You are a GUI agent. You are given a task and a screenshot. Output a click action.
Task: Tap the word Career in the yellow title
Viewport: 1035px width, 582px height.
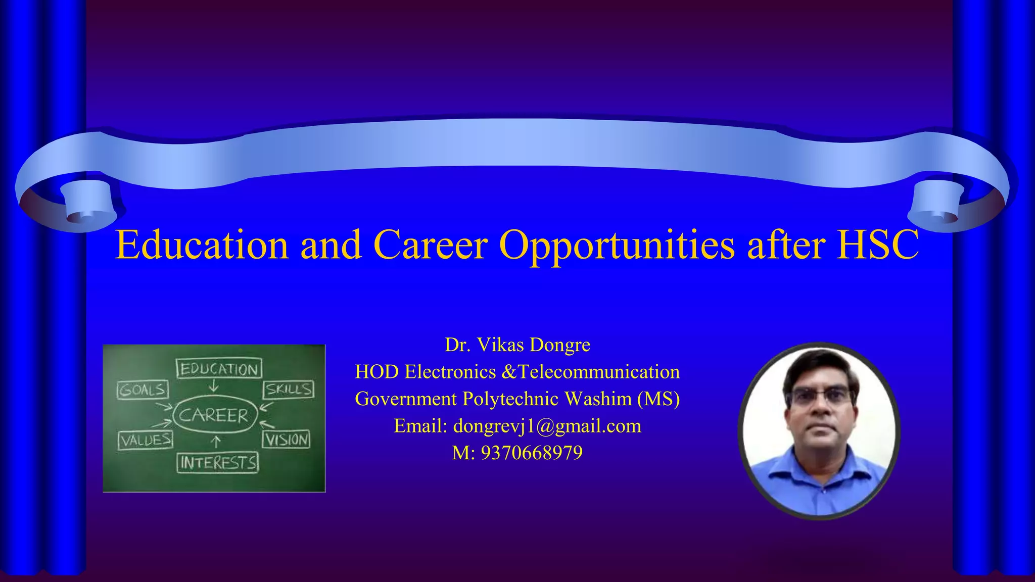pos(430,245)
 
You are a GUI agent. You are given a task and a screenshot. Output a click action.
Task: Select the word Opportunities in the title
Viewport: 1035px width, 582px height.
pos(617,245)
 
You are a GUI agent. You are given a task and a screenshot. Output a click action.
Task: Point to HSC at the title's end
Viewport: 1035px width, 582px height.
pos(878,245)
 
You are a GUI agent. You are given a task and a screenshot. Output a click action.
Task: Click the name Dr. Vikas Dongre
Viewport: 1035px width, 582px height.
pos(517,345)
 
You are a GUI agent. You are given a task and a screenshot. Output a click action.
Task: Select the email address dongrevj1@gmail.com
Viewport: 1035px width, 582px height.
pos(547,426)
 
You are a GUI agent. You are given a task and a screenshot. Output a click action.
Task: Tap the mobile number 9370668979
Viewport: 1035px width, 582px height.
pos(532,453)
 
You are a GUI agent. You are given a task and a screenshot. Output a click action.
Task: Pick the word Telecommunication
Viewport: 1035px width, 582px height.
pos(599,372)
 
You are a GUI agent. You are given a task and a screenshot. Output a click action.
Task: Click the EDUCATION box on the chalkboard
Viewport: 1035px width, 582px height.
pos(219,369)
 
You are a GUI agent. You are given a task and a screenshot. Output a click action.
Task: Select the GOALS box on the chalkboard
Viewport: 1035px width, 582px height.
pos(143,390)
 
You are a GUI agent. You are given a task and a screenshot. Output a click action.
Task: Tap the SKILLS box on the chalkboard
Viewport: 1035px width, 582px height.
pos(289,390)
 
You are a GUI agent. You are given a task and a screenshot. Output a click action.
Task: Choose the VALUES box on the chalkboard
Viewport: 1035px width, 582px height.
pos(146,440)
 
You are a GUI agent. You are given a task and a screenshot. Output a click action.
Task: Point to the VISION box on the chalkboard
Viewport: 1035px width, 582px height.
pos(286,440)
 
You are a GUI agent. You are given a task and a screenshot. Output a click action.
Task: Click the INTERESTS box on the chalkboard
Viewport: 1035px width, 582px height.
pos(218,462)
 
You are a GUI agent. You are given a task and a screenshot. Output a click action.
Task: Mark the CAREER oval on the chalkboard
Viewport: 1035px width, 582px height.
pos(215,415)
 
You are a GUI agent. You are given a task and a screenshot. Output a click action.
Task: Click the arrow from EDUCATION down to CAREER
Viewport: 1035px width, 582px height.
pos(214,386)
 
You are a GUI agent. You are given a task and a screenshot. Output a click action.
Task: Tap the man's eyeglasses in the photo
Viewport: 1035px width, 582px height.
pos(821,396)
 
